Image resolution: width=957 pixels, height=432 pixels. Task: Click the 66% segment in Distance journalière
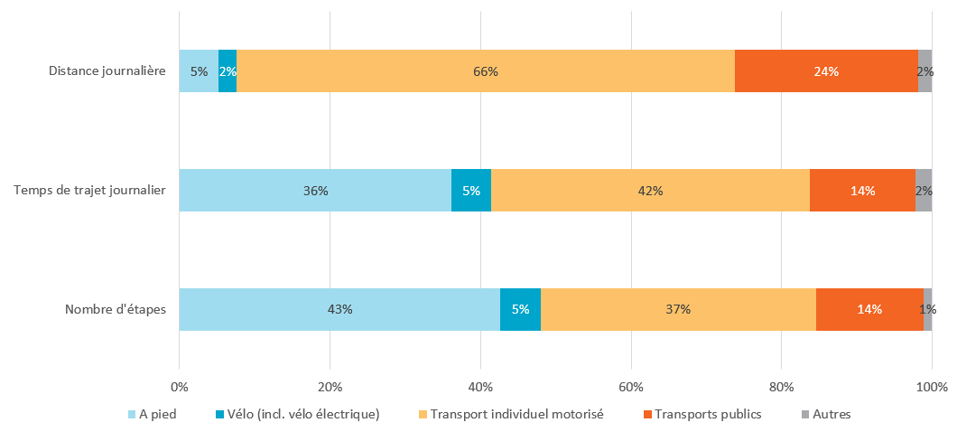[x=486, y=71]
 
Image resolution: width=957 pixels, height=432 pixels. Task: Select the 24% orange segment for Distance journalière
[x=826, y=71]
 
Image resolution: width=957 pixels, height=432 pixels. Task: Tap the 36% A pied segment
[x=315, y=191]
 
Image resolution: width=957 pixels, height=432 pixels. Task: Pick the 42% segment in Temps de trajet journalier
[x=650, y=191]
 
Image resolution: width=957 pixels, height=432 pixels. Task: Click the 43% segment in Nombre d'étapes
[x=339, y=309]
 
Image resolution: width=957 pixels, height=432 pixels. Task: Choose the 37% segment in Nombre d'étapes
[x=678, y=309]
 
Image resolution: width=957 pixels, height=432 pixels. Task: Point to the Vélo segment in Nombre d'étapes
[x=520, y=309]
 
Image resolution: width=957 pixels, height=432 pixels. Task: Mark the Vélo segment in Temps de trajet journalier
[x=471, y=191]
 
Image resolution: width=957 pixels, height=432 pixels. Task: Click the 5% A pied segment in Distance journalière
[x=199, y=71]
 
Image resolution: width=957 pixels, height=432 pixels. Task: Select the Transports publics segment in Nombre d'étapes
[x=869, y=309]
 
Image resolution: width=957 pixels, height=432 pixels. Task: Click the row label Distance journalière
[x=107, y=71]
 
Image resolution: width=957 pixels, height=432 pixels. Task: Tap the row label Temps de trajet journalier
[x=89, y=191]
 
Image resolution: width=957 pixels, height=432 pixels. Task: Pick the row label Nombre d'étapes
[x=115, y=310]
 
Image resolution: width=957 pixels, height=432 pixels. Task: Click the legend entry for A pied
[x=157, y=415]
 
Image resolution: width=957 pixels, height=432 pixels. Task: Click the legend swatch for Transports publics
[x=646, y=415]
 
